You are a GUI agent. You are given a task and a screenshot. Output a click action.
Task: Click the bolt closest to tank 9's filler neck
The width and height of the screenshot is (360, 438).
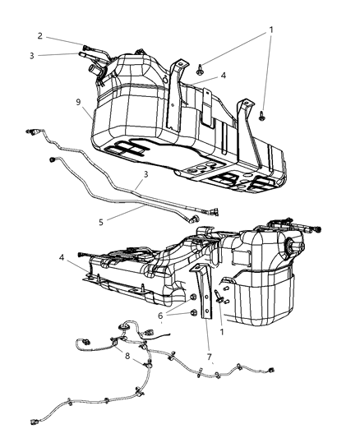click(201, 71)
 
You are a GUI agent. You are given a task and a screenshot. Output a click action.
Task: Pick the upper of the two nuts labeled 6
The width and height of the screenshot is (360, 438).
click(192, 297)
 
